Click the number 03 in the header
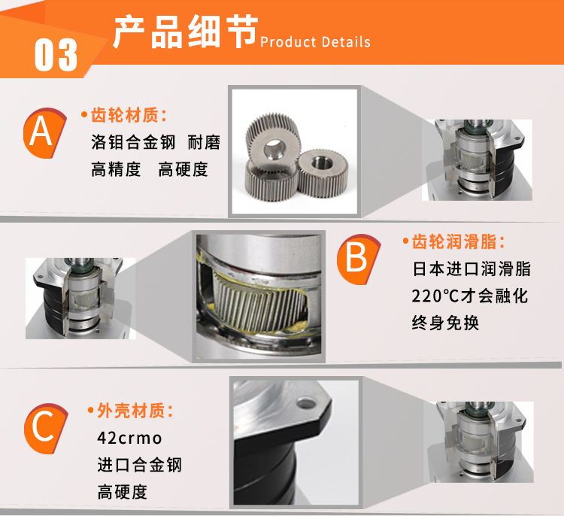pos(56,55)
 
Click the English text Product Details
pos(315,42)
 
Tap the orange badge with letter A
pos(44,133)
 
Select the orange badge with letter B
pos(358,259)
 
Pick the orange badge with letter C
pos(45,428)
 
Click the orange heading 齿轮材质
pos(124,115)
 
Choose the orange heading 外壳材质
pos(135,411)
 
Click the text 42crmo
pos(129,439)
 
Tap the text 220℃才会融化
pos(470,296)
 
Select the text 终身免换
pos(445,323)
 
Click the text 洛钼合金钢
pos(133,142)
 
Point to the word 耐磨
pos(204,142)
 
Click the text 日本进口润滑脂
pos(472,269)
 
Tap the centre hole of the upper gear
pos(274,148)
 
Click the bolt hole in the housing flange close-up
pos(306,403)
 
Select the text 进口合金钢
pos(140,465)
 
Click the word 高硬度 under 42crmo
pos(123,492)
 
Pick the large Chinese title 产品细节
pos(186,32)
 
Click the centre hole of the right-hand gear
pos(322,162)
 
